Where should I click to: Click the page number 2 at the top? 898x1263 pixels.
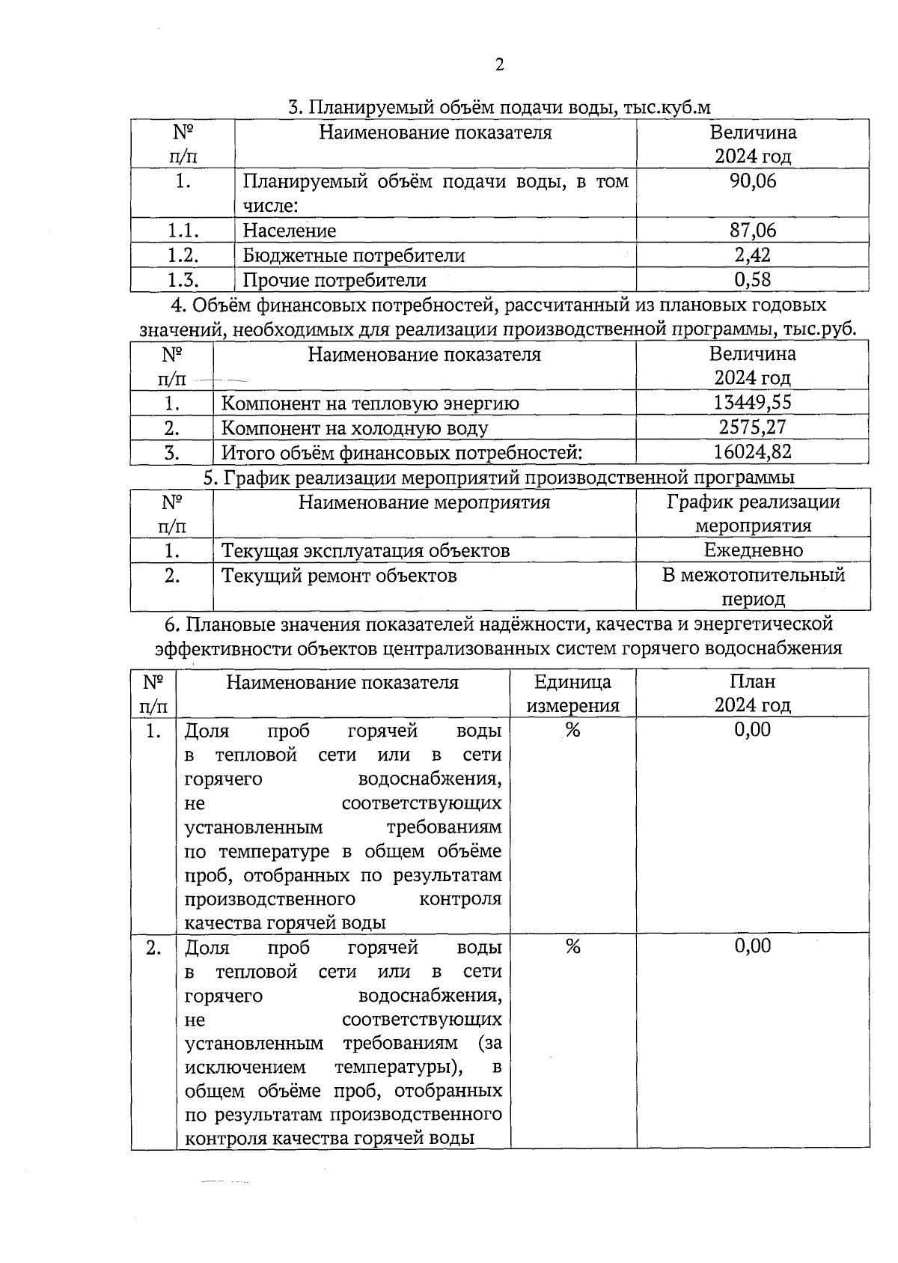[500, 65]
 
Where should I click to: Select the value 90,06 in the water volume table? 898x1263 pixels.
[753, 181]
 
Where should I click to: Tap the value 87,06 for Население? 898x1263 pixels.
[753, 231]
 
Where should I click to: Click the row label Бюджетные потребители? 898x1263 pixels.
[353, 256]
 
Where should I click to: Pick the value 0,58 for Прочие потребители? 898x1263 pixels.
[753, 280]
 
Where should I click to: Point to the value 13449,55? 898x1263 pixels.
[752, 403]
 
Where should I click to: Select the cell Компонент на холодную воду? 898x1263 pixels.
[355, 428]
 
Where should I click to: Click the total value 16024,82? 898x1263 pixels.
[752, 452]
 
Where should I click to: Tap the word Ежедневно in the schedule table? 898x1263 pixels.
[753, 551]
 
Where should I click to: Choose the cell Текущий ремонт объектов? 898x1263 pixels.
[339, 576]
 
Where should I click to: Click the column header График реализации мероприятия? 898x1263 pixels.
[753, 514]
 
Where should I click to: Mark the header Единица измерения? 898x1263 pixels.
[573, 693]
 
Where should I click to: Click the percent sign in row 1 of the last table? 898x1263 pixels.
[572, 731]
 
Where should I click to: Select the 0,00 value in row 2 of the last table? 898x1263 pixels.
[752, 946]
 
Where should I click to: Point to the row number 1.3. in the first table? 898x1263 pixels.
[183, 280]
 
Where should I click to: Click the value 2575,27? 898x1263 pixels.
[752, 427]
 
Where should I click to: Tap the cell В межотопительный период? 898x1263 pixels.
[753, 587]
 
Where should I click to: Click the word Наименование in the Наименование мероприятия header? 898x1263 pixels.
[362, 502]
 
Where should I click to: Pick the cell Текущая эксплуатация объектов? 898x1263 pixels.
[365, 551]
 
